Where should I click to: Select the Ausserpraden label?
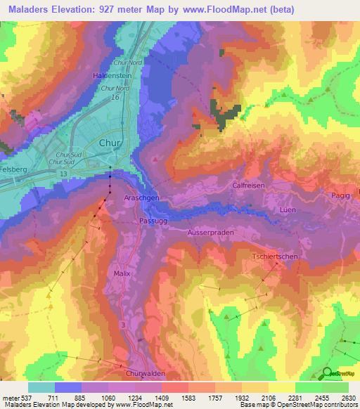(210, 232)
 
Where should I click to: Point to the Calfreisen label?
(247, 185)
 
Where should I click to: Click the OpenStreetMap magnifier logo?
(328, 373)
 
